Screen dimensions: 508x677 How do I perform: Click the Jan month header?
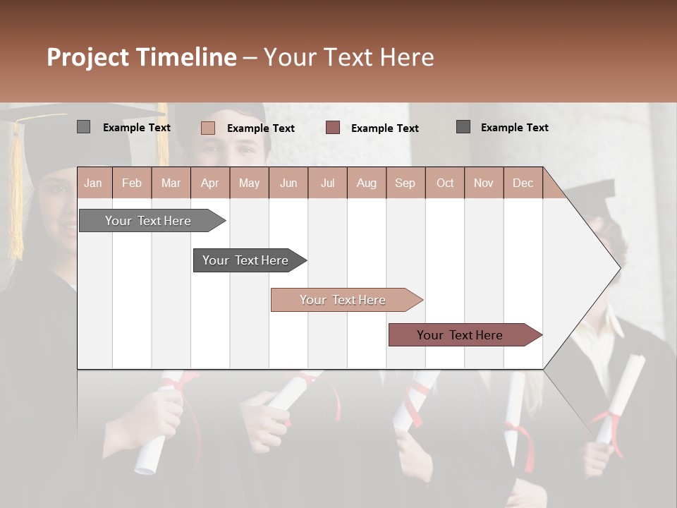coord(94,183)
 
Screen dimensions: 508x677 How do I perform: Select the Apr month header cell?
coord(210,183)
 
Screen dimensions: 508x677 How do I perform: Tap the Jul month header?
coord(327,183)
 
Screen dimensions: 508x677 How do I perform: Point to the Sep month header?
coord(405,183)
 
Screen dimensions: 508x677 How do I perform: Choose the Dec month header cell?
coord(523,183)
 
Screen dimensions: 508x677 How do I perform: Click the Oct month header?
coord(444,183)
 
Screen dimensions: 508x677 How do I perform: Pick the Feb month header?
coord(132,183)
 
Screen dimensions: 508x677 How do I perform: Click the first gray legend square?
coord(83,127)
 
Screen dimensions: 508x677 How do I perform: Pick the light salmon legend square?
coord(208,128)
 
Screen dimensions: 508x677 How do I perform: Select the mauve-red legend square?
coord(333,128)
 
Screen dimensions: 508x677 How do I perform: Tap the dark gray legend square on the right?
coord(463,127)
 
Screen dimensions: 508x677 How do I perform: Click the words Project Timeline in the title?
coord(141,57)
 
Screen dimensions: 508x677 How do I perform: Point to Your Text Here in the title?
coord(348,57)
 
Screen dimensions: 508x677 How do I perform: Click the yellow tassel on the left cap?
coord(16,198)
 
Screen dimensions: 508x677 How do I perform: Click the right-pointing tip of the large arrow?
coord(617,268)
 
